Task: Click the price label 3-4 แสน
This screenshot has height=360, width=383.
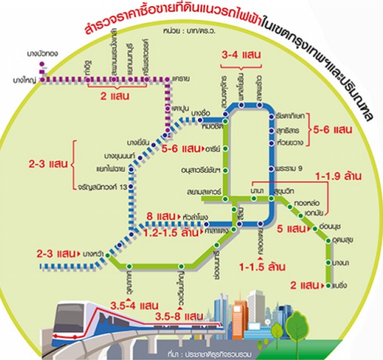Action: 240,55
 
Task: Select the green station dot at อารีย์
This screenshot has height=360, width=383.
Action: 226,149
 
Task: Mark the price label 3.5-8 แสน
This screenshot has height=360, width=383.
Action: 179,316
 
